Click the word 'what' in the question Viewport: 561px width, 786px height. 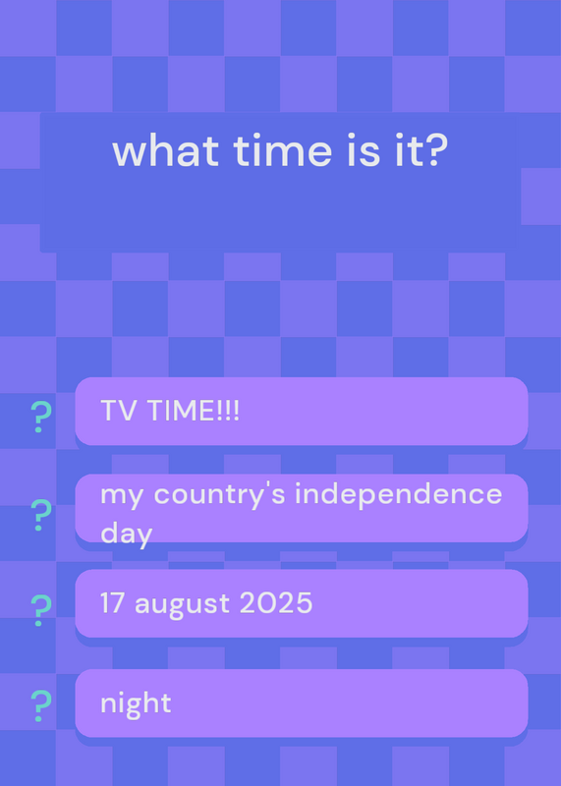165,151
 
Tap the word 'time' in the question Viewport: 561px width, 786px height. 283,151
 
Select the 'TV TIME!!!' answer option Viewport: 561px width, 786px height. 302,411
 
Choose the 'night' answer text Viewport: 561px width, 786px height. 136,703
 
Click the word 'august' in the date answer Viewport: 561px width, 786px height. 183,604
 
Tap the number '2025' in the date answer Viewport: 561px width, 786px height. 276,602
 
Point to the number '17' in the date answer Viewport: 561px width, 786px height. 113,602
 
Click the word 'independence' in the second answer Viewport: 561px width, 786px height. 398,494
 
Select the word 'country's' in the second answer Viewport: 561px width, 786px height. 220,495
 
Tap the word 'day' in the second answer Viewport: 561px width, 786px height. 127,533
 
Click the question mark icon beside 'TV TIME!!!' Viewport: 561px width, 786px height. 40,417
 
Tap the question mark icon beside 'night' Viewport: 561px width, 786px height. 40,705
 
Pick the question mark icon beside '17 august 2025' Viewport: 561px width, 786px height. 40,610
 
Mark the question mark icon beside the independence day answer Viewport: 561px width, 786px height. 40,515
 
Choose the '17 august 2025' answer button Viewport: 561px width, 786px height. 302,603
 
